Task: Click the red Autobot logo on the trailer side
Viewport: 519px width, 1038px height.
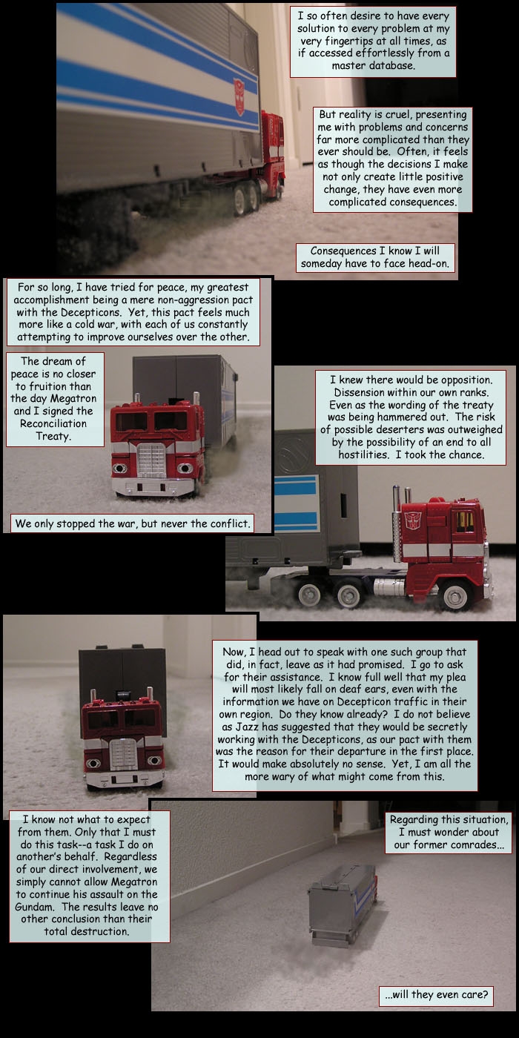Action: click(x=239, y=96)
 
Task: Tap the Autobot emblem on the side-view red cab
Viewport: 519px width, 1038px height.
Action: click(x=412, y=520)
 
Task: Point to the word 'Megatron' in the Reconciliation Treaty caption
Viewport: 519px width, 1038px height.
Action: click(x=73, y=399)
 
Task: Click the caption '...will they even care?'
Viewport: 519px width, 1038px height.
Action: click(x=436, y=994)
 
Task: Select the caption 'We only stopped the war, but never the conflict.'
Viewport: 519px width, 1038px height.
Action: click(x=133, y=523)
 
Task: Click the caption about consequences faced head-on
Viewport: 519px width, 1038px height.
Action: click(x=375, y=257)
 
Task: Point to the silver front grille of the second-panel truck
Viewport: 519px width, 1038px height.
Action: click(x=151, y=459)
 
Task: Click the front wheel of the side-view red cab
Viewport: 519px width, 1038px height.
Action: click(x=455, y=594)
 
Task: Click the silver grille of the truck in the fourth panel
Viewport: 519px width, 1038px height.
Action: click(x=123, y=755)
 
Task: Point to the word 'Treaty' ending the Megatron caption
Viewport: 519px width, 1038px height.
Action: click(x=53, y=436)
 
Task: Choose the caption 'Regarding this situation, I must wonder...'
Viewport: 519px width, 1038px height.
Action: click(x=448, y=832)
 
